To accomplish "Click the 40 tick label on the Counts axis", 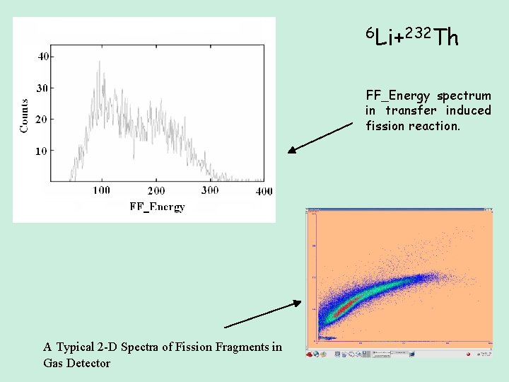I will (x=43, y=57).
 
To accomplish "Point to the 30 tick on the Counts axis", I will (x=43, y=88).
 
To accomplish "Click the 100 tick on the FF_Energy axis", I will (x=101, y=190).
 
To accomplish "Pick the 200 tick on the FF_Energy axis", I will (x=156, y=190).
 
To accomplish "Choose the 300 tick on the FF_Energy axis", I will (x=210, y=190).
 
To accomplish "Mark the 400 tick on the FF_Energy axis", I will (x=264, y=191).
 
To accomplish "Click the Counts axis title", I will (x=25, y=115).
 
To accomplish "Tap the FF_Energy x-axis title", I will (x=157, y=207).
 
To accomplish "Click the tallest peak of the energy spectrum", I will (x=99, y=62).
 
